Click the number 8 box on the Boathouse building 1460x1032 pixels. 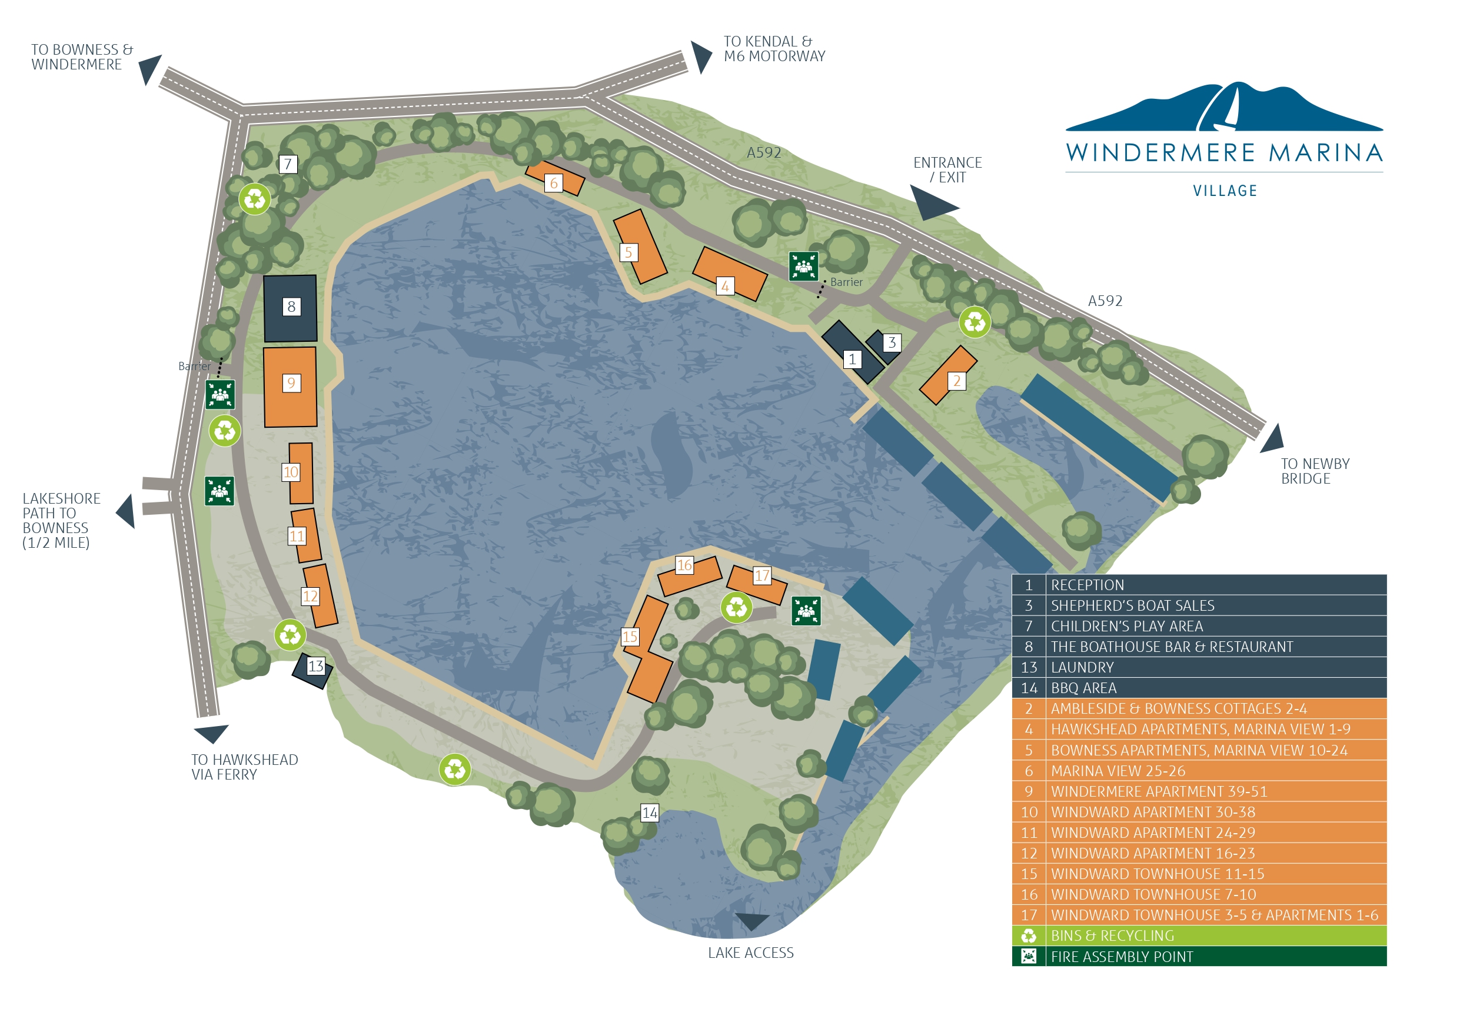(291, 307)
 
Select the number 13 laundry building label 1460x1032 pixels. (316, 667)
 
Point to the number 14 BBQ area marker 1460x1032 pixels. (649, 813)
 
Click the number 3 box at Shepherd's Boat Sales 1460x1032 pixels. (892, 343)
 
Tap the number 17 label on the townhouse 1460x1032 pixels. (762, 575)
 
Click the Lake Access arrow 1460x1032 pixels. (751, 921)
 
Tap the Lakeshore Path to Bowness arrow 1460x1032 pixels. (127, 511)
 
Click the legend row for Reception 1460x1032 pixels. (1199, 585)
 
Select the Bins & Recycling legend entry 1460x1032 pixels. (1199, 936)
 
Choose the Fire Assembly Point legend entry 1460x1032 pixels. (1199, 957)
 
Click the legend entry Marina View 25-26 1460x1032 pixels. (1199, 771)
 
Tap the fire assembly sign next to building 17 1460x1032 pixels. (806, 611)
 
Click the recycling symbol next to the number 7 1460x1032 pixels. (254, 199)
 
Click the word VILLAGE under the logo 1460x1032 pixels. (1225, 191)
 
